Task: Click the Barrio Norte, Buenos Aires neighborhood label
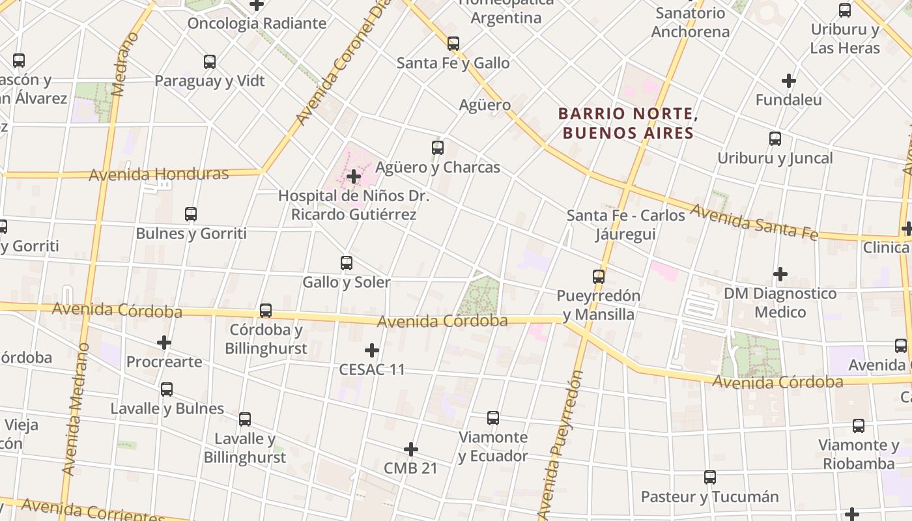[x=629, y=124]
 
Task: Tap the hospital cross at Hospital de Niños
[x=354, y=176]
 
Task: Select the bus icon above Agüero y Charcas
[x=438, y=148]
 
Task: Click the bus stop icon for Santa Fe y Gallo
[x=453, y=44]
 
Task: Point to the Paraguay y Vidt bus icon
[x=210, y=62]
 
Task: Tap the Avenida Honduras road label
[x=159, y=175]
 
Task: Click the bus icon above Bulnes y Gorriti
[x=191, y=214]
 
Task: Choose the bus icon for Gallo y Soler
[x=347, y=263]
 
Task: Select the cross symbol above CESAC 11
[x=372, y=350]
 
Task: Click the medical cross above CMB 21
[x=411, y=449]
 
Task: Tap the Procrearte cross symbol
[x=164, y=343]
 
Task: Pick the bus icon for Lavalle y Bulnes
[x=167, y=389]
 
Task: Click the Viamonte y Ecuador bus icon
[x=493, y=417]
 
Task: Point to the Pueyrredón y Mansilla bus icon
[x=599, y=276]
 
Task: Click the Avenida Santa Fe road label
[x=754, y=221]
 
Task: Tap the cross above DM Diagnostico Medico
[x=780, y=274]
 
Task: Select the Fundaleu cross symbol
[x=789, y=81]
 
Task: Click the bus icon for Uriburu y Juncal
[x=775, y=139]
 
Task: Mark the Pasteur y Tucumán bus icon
[x=710, y=477]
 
